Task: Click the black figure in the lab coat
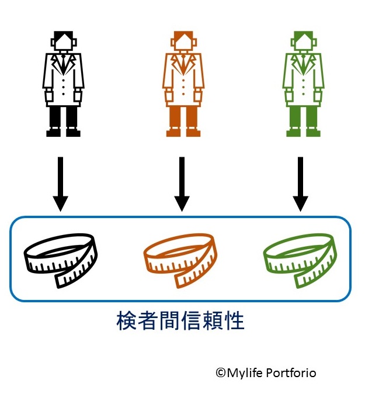coord(63,82)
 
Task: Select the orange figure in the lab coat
coord(183,82)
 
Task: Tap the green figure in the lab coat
coord(303,82)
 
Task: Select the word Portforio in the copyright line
coord(293,372)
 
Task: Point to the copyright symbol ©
coord(220,372)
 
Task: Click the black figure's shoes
coord(63,133)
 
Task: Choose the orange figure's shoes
coord(183,133)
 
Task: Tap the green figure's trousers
coord(303,117)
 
